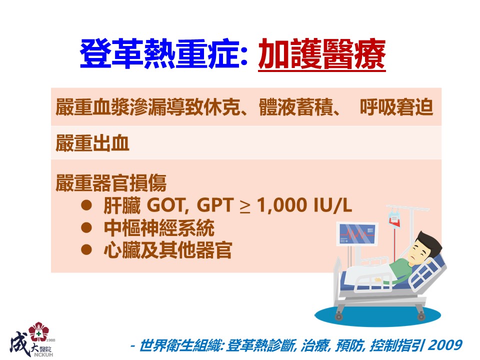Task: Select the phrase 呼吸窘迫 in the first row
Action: coord(396,107)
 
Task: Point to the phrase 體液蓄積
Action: coord(295,107)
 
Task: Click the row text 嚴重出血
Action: coord(92,143)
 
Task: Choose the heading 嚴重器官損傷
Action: coord(111,183)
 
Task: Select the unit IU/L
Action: coord(333,204)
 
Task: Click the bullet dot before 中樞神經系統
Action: coord(86,227)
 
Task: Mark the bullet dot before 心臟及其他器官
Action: coord(86,249)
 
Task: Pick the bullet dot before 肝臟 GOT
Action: coord(86,205)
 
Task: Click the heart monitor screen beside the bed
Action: coord(357,234)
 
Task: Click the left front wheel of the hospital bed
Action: coord(338,315)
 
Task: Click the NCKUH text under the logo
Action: coord(43,355)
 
